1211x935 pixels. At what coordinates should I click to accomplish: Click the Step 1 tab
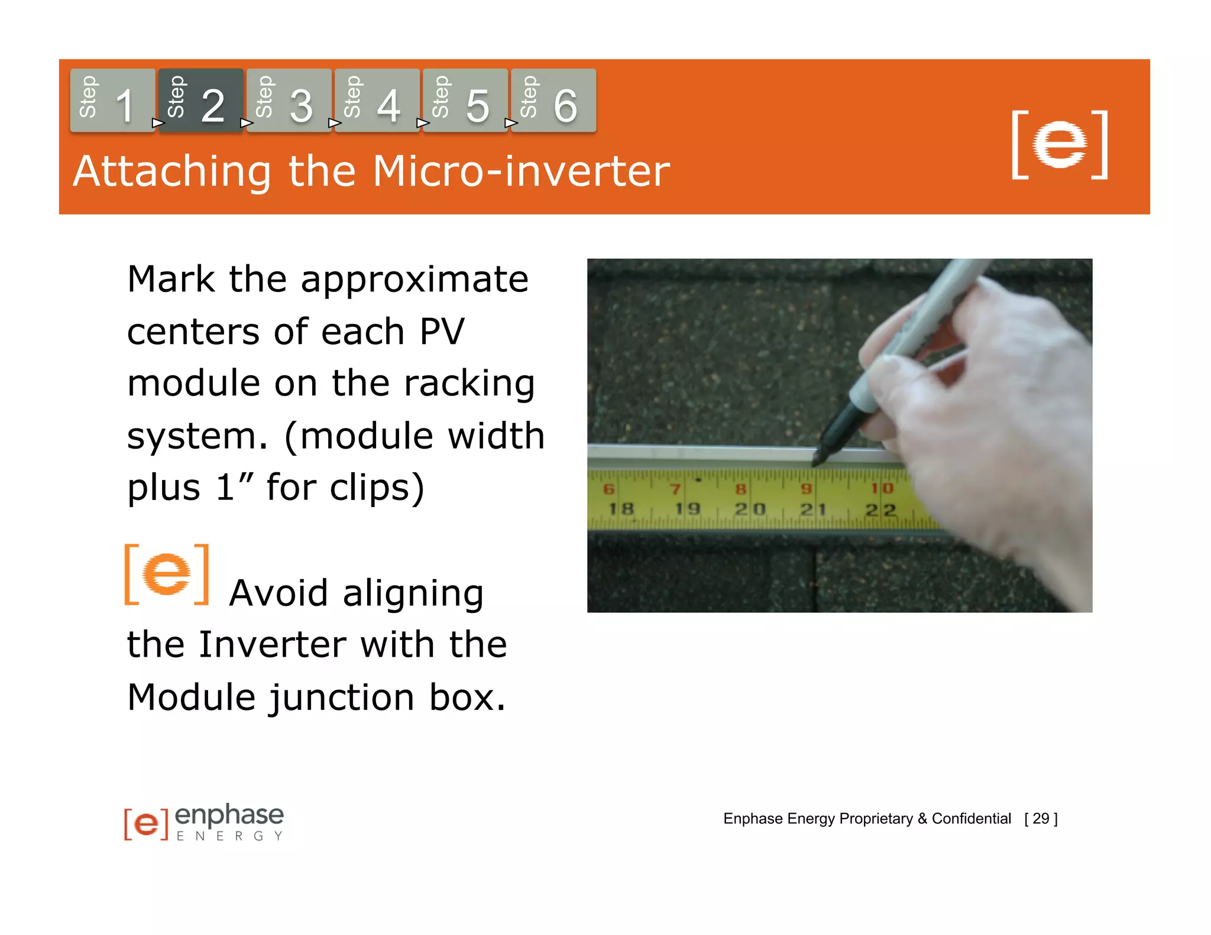coord(112,100)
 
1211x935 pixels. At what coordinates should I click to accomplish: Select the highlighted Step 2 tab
coord(200,100)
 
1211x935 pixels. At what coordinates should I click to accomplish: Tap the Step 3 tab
coord(289,100)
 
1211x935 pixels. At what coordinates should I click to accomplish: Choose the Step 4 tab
coord(377,100)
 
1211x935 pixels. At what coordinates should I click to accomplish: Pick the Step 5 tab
coord(465,100)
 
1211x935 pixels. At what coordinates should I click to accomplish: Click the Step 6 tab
coord(553,100)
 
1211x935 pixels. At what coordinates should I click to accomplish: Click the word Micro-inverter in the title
coord(521,171)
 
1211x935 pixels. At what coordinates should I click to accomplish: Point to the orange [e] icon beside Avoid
coord(167,574)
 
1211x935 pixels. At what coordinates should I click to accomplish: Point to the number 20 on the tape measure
coord(750,509)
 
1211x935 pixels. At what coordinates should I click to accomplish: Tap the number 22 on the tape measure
coord(880,509)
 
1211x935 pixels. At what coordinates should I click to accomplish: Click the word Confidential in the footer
coord(971,819)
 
